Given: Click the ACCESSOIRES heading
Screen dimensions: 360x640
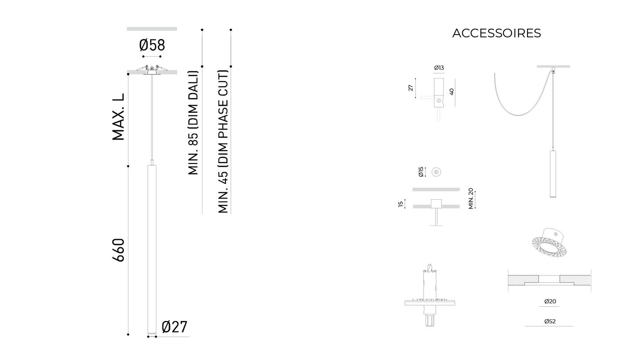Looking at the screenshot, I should click(496, 34).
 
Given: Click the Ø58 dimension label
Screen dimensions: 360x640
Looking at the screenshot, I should click(152, 45).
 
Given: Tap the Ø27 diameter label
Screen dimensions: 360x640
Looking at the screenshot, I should click(175, 327).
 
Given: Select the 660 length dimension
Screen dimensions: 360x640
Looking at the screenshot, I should click(119, 250).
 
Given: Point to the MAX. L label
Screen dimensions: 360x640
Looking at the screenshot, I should click(119, 117).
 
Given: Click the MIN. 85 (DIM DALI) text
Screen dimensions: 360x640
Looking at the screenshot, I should click(193, 123).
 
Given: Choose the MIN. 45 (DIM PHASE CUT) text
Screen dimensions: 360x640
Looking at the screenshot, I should click(223, 142).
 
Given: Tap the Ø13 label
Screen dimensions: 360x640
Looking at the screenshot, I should click(439, 68).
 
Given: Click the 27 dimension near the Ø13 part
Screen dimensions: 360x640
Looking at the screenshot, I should click(411, 88).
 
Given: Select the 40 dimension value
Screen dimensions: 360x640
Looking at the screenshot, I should click(451, 92).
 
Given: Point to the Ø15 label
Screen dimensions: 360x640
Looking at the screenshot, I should click(421, 172).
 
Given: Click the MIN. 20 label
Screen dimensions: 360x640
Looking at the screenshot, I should click(471, 198).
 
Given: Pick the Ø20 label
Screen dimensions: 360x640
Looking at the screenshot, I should click(550, 302).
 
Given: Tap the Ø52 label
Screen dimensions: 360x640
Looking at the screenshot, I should click(550, 321).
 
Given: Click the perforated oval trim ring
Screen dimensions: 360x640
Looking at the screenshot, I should click(550, 245).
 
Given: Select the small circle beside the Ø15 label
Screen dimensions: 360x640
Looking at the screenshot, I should click(436, 172).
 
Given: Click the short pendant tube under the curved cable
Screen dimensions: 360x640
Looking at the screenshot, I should click(553, 174).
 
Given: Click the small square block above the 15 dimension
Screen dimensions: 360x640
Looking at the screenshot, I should click(436, 204).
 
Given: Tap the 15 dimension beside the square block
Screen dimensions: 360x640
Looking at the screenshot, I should click(401, 204).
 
